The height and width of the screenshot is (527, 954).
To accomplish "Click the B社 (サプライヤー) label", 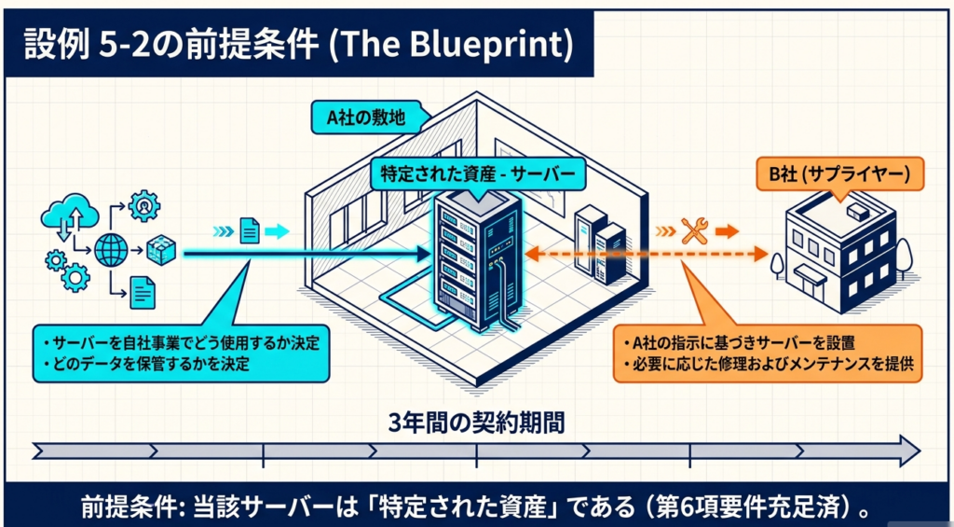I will (838, 173).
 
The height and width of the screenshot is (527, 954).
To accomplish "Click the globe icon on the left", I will (113, 250).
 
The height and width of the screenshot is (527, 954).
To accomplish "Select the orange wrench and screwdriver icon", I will (694, 230).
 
